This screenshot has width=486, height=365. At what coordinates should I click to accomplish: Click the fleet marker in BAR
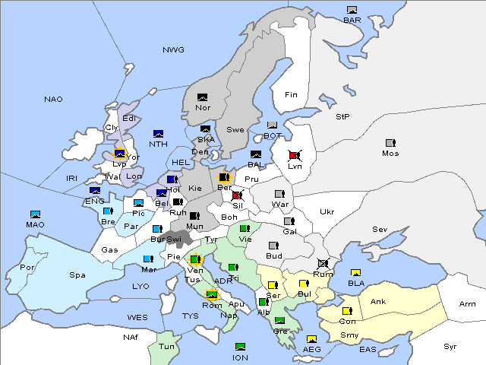(352, 10)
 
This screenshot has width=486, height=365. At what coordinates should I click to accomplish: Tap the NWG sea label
(173, 49)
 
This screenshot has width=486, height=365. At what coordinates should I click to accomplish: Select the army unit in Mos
(390, 143)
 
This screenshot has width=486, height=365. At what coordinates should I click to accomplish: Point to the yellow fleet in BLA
(355, 273)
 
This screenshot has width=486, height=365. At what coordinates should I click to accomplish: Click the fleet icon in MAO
(35, 214)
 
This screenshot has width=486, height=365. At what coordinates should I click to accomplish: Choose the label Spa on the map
(77, 275)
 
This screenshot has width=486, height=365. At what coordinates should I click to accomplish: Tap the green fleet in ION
(241, 347)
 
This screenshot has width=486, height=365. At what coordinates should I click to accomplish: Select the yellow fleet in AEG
(311, 339)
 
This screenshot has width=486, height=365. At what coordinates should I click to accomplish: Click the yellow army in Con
(347, 310)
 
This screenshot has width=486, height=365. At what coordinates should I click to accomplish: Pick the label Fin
(290, 95)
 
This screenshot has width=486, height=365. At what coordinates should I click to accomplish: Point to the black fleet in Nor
(202, 97)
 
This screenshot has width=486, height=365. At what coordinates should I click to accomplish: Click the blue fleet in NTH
(159, 134)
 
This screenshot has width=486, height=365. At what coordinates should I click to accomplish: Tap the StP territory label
(342, 117)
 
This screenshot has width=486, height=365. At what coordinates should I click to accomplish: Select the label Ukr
(327, 212)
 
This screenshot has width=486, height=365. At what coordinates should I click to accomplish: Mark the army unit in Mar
(148, 259)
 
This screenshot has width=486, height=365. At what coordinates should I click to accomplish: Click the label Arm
(468, 304)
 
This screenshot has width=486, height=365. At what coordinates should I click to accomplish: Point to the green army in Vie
(244, 228)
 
